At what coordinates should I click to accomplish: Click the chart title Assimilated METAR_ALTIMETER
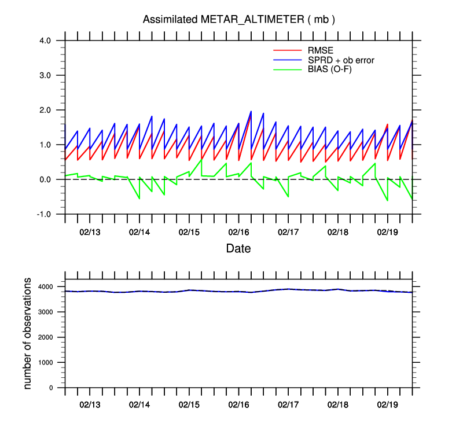(239, 20)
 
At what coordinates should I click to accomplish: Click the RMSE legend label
(319, 50)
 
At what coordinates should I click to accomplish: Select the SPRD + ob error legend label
(345, 60)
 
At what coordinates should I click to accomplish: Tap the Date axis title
(238, 249)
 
